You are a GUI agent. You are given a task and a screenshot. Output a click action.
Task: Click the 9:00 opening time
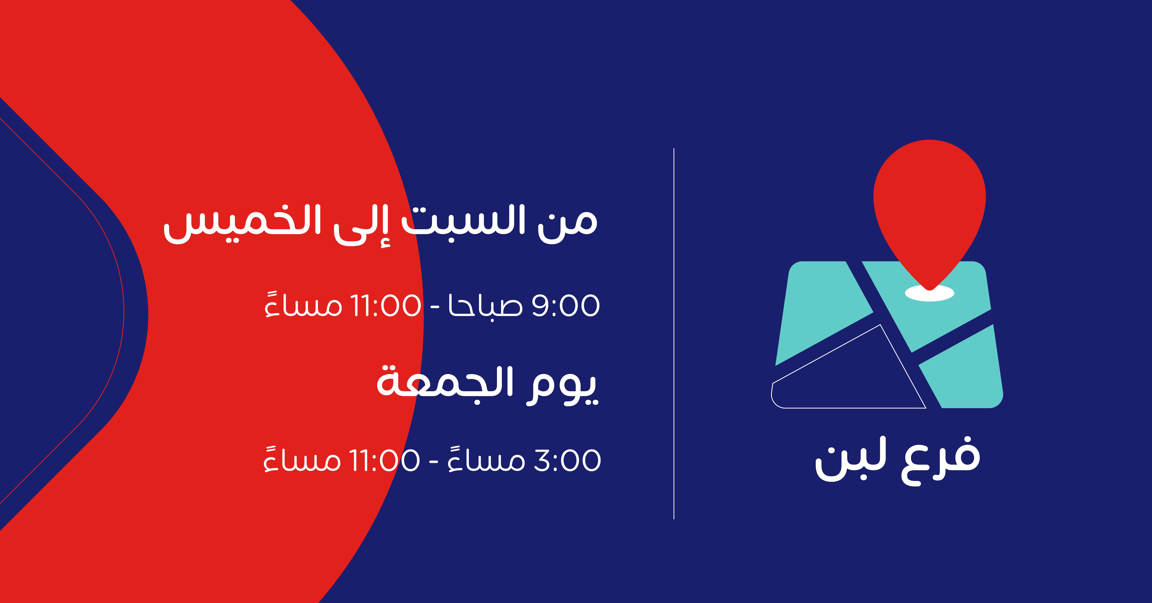[566, 305]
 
